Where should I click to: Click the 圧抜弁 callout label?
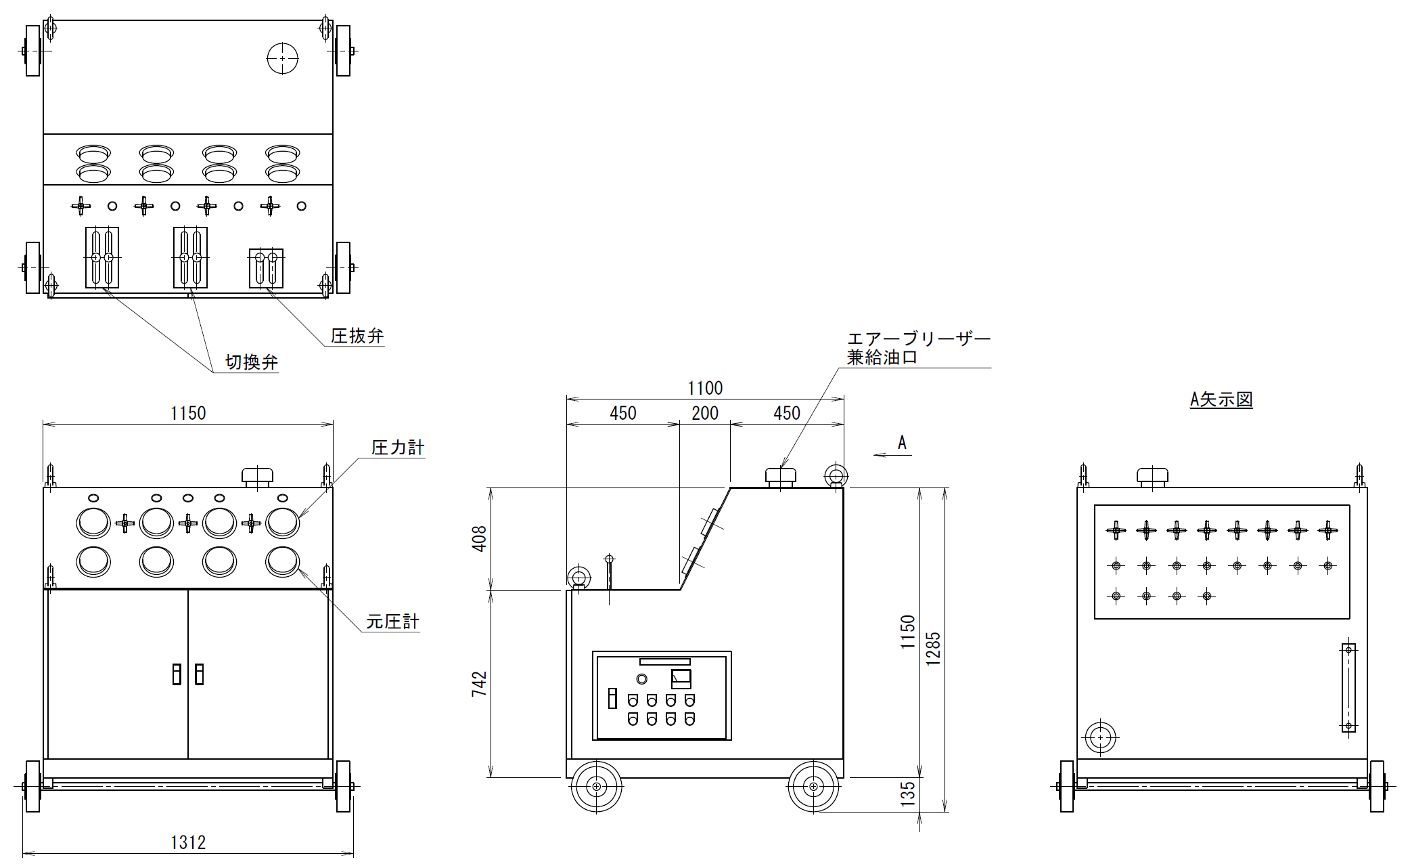(357, 336)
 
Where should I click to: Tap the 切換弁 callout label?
(252, 362)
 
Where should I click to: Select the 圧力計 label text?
(398, 448)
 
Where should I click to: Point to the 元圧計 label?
(392, 622)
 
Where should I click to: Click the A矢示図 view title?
(1221, 399)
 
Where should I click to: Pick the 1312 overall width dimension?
(188, 842)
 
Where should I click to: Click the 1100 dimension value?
(705, 388)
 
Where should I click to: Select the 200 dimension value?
(705, 413)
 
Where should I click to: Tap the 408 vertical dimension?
(479, 539)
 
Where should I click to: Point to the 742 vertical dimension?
(479, 685)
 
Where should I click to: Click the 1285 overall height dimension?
(933, 649)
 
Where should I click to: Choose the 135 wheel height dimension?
(908, 794)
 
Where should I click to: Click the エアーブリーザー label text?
(919, 339)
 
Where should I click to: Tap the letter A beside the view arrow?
(902, 443)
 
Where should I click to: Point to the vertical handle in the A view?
(1348, 687)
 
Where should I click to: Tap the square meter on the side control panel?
(681, 678)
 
